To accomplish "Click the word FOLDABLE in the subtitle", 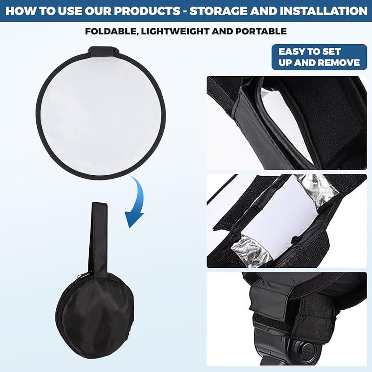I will point(108,32).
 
